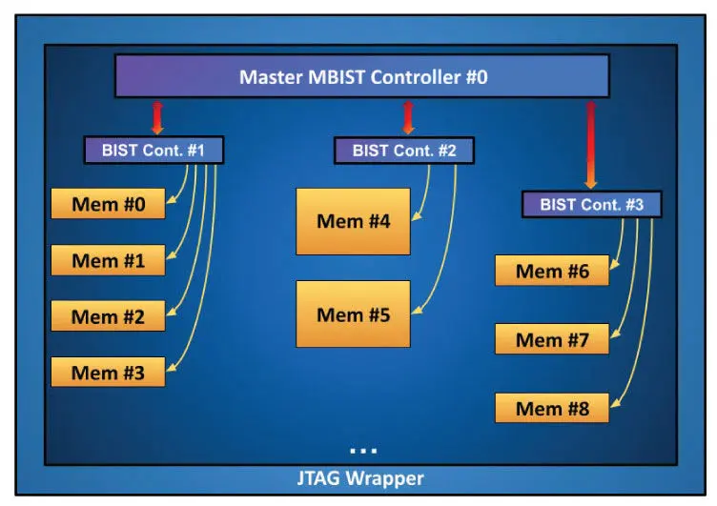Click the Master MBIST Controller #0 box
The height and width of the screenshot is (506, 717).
(361, 76)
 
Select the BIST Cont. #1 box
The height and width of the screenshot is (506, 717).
(154, 150)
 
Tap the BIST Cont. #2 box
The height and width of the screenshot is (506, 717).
(404, 151)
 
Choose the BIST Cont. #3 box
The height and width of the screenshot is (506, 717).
(592, 204)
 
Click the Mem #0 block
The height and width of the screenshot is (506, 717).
(108, 203)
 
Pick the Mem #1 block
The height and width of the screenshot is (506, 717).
(108, 260)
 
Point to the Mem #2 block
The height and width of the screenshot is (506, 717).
(108, 315)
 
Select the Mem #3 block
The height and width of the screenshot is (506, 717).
(108, 372)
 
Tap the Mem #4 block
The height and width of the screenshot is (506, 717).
(353, 221)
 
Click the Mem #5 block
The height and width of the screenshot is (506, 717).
(353, 314)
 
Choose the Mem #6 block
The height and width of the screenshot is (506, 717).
(552, 271)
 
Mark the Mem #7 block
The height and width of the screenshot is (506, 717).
(552, 339)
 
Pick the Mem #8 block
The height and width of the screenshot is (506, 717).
(552, 408)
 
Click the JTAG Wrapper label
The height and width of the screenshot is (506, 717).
(360, 478)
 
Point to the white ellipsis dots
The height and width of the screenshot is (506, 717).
(363, 451)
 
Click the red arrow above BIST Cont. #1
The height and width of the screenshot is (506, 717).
(157, 118)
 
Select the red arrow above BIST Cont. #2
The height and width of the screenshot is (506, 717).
(408, 118)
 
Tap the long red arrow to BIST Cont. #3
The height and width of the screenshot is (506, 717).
(591, 145)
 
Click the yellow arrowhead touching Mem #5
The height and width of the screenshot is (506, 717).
(416, 310)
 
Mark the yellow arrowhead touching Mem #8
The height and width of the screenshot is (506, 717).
(616, 402)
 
